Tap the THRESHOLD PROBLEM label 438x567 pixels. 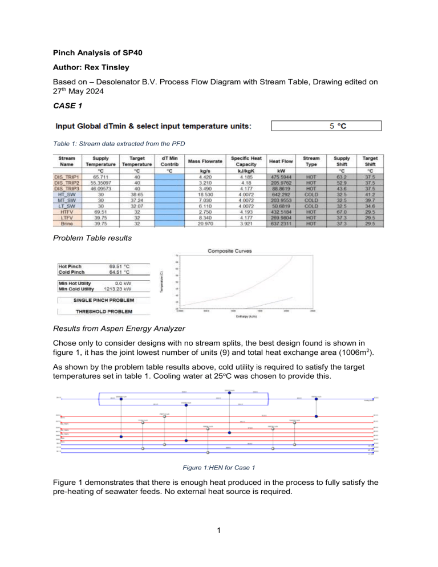click(104, 311)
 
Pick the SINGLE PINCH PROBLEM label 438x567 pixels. click(104, 299)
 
